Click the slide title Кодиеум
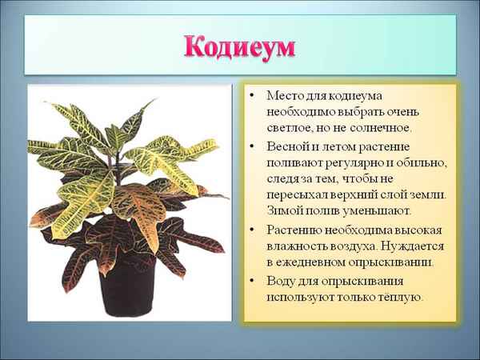240,46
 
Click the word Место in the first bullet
283,95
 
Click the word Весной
286,147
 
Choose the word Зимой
284,211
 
